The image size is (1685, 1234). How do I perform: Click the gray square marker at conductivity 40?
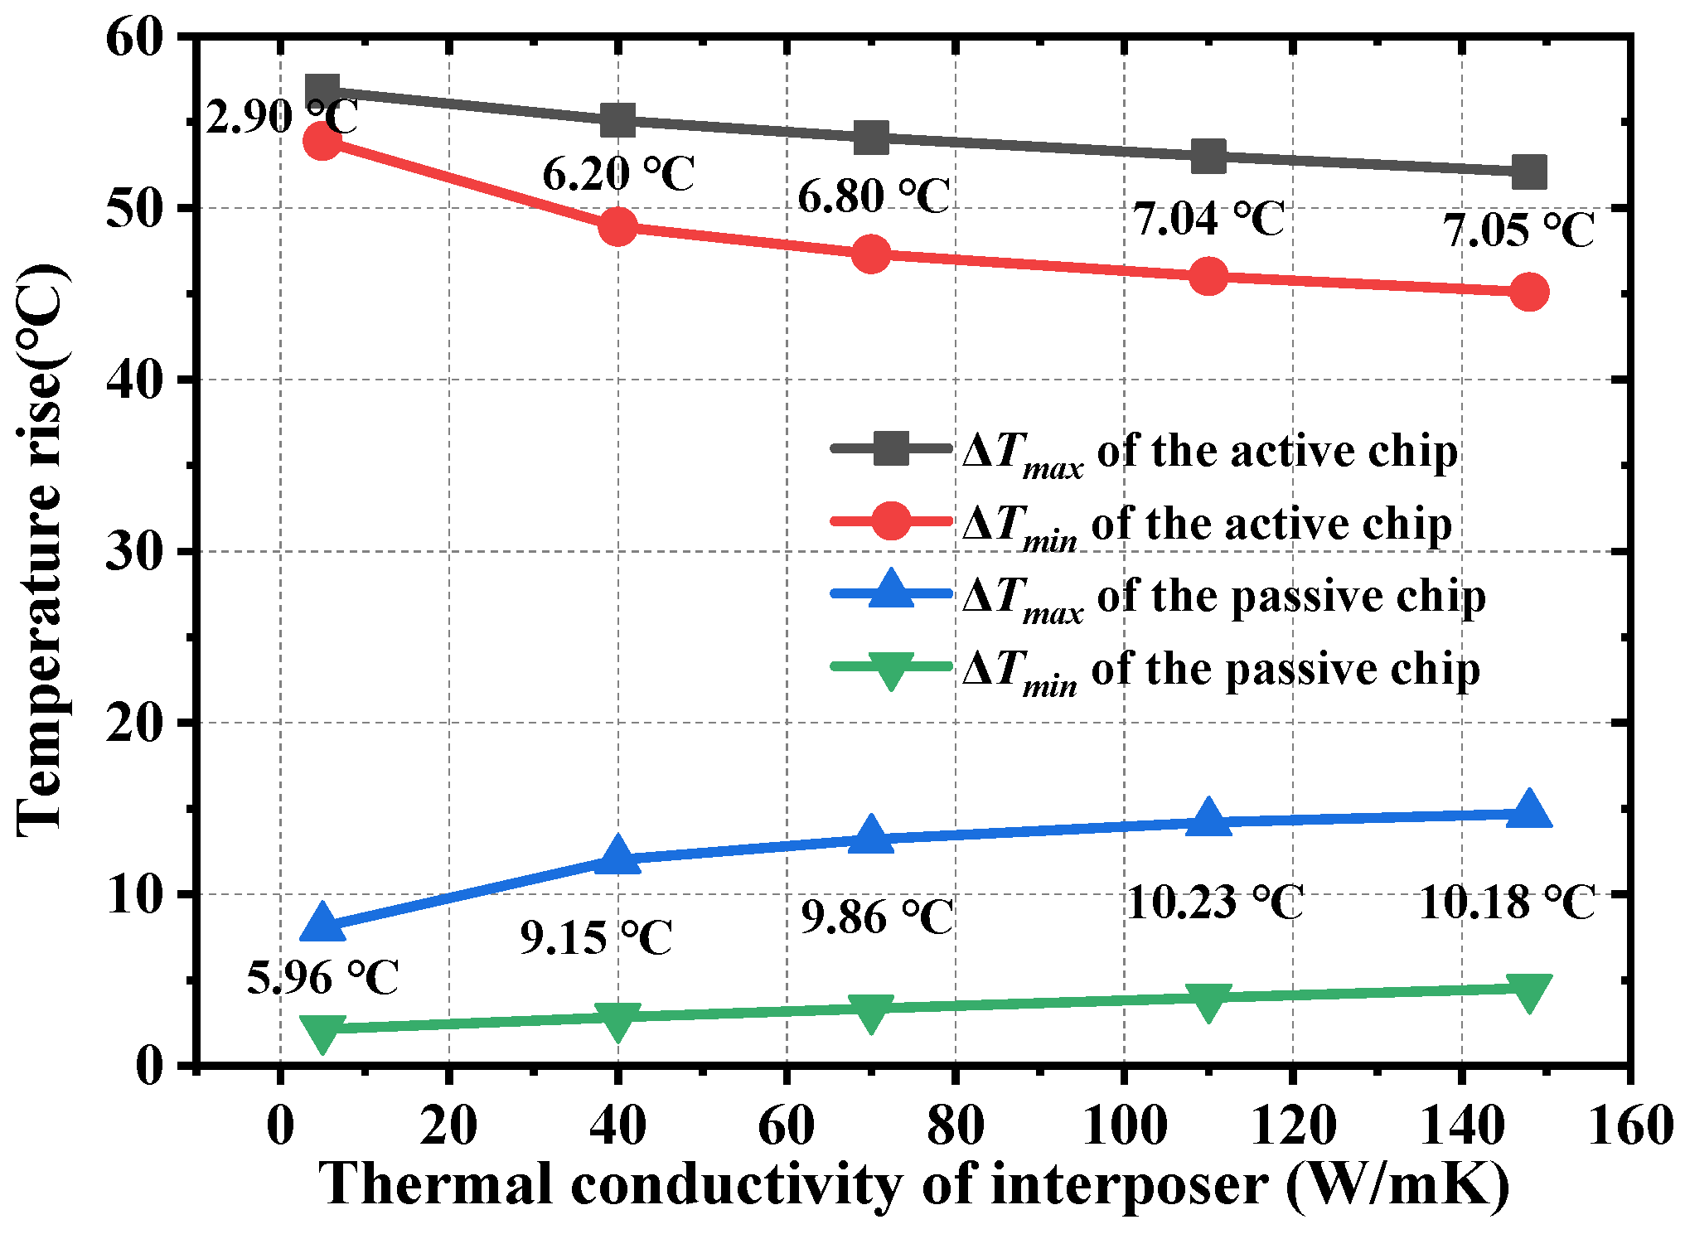click(617, 120)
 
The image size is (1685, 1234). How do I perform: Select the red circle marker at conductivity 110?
click(1208, 276)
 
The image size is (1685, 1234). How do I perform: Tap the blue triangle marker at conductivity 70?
click(871, 835)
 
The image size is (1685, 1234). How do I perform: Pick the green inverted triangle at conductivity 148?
click(1529, 990)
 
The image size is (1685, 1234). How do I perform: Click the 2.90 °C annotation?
click(281, 117)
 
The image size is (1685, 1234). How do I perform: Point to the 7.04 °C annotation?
click(1208, 220)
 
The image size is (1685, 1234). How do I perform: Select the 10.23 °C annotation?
click(1215, 903)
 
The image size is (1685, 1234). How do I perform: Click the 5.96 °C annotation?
click(323, 978)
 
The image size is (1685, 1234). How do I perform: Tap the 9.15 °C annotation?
click(596, 938)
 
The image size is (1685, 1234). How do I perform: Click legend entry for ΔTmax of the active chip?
click(1210, 452)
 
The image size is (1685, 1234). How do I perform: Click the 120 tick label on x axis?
click(1293, 1127)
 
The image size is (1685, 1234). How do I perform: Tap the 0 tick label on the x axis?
click(280, 1127)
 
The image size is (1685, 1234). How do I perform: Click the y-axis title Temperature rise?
click(41, 550)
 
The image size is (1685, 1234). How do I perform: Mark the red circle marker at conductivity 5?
click(322, 141)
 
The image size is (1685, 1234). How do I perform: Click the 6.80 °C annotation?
click(874, 197)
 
